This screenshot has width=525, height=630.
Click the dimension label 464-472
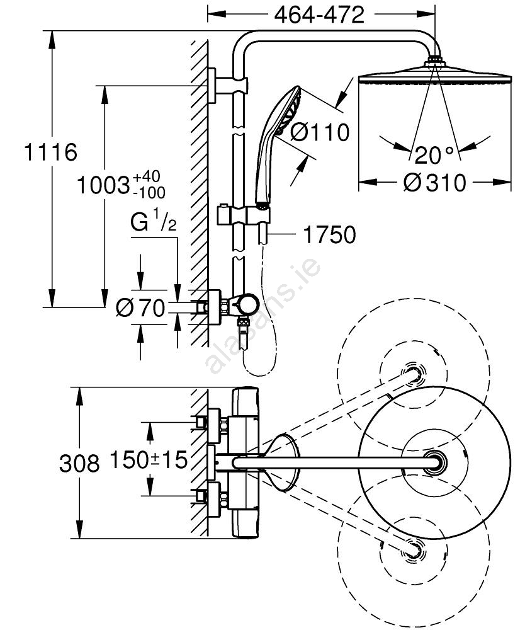point(320,14)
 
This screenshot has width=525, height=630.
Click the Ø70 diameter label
point(140,307)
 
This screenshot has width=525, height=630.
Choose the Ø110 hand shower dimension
point(320,132)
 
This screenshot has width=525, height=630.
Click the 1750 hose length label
point(329,235)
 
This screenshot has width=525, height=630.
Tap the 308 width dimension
point(79,464)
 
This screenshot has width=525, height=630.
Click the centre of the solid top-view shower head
point(433,463)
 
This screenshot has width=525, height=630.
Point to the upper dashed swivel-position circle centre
point(414,375)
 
